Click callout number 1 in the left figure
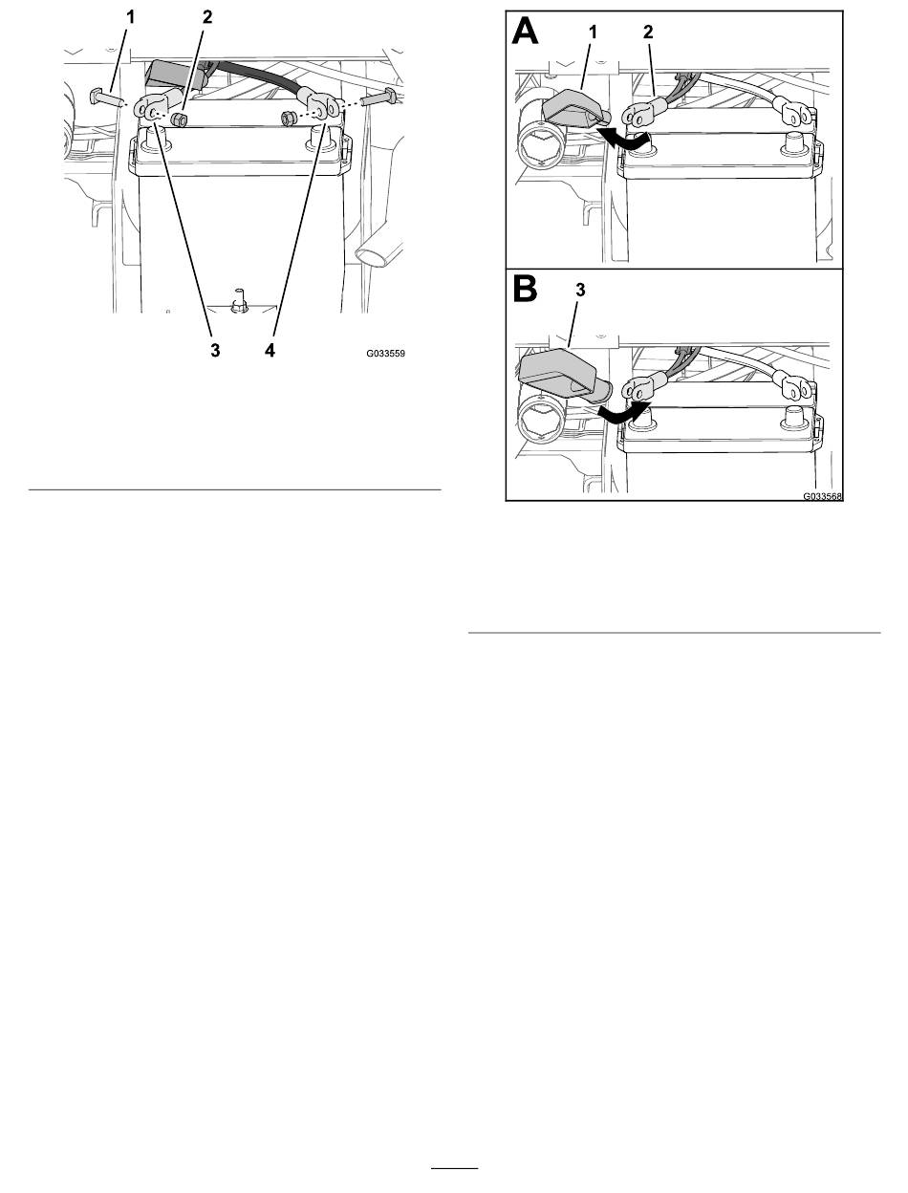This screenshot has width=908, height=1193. click(130, 17)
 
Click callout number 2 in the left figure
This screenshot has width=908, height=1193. click(207, 17)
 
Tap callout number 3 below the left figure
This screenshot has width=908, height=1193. click(216, 351)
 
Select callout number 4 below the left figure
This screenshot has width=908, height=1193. click(270, 351)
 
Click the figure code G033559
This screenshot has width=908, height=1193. click(385, 354)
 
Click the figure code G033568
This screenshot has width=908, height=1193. click(823, 496)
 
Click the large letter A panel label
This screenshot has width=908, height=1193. click(526, 31)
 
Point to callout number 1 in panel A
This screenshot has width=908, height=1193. click(593, 33)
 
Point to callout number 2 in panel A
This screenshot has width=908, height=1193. click(648, 33)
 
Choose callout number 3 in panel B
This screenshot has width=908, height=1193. click(580, 291)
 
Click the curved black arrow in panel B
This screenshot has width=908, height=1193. click(625, 413)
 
